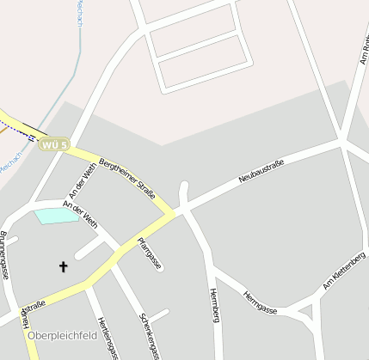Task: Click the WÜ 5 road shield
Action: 52,144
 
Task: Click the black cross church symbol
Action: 63,267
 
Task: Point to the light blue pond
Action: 57,215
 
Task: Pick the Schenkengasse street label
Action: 150,334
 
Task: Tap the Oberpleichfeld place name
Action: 63,336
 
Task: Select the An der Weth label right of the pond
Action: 81,214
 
